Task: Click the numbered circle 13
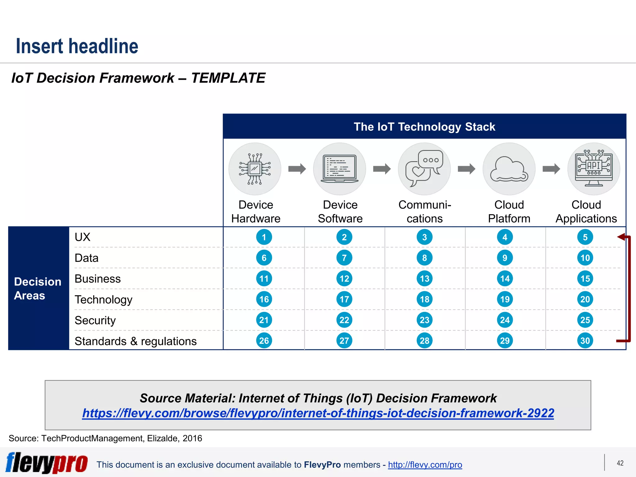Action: tap(425, 279)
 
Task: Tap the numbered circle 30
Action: tap(585, 341)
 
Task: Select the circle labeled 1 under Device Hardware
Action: tap(264, 237)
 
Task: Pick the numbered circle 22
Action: tap(344, 320)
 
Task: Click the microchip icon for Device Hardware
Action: tap(255, 169)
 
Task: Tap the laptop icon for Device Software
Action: tap(339, 169)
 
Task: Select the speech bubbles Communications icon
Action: tap(424, 169)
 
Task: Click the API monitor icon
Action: tap(593, 169)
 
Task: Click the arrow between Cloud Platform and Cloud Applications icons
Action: tap(551, 169)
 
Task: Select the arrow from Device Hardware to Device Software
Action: tap(297, 169)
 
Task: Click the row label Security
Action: tap(95, 320)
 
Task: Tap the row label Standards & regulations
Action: tap(135, 341)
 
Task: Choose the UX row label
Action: tap(82, 237)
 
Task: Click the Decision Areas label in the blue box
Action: tap(38, 288)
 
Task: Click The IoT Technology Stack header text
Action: tap(424, 127)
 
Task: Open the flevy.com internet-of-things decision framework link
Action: tap(318, 413)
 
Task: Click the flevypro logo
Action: tap(47, 463)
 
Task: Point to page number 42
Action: tap(620, 463)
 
